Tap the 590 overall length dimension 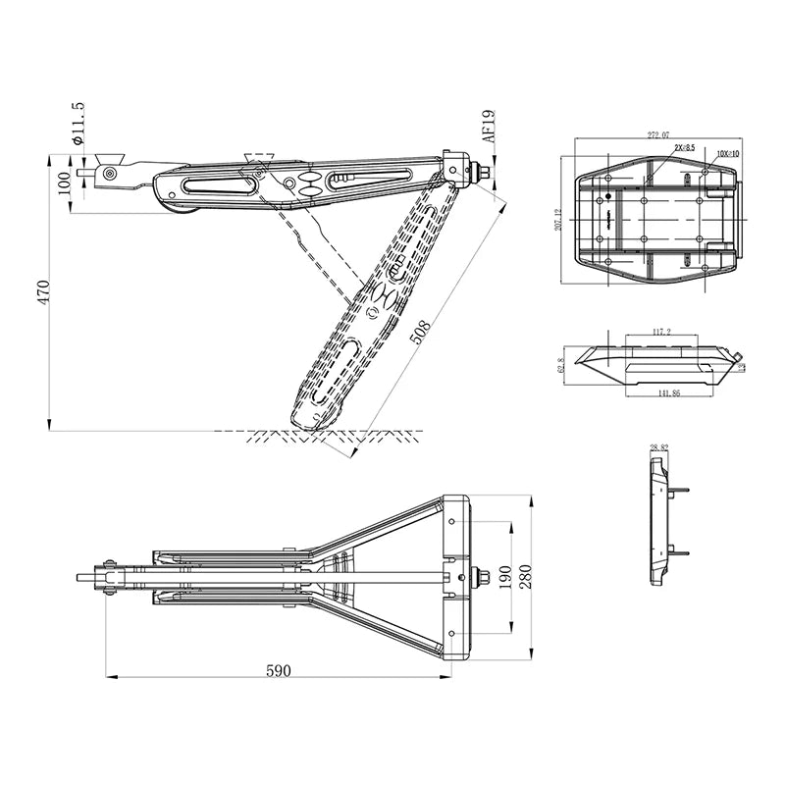pos(279,670)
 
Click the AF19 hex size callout pos(489,127)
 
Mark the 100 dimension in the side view pos(66,183)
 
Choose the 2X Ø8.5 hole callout pos(684,147)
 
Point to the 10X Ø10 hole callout pos(728,154)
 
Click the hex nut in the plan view pos(482,577)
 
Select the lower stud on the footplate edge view pos(679,552)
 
